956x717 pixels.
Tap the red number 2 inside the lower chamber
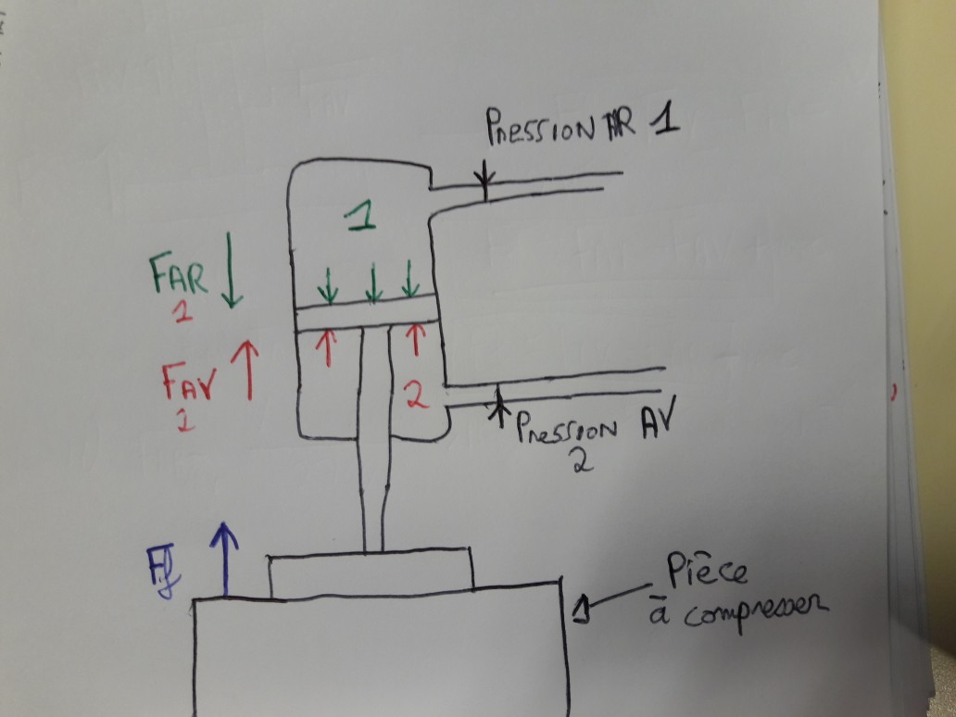coord(417,396)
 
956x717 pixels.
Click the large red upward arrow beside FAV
coord(247,368)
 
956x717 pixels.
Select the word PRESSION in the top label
coord(538,130)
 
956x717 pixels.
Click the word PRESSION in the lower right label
coord(567,430)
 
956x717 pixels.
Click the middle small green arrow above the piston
coord(373,283)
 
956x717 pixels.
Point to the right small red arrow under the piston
coord(415,338)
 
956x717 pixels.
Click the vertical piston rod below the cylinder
coord(373,482)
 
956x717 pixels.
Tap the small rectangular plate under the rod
coord(371,573)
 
